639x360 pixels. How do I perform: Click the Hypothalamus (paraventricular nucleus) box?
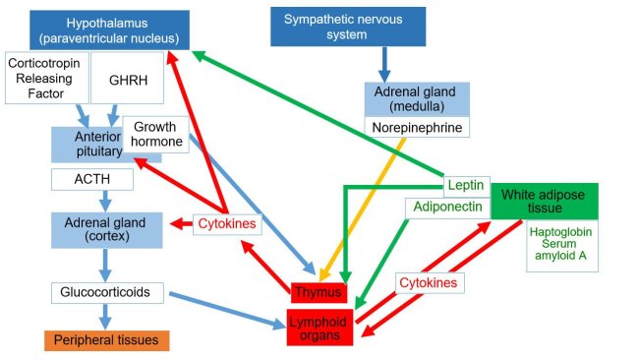pyautogui.click(x=109, y=30)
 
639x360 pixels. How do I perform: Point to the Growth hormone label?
pyautogui.click(x=156, y=135)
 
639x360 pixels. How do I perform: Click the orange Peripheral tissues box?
pyautogui.click(x=106, y=340)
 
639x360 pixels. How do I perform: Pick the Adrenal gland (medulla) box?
pyautogui.click(x=417, y=98)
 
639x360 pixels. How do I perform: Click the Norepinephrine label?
pyautogui.click(x=417, y=127)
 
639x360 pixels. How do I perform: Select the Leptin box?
pyautogui.click(x=462, y=185)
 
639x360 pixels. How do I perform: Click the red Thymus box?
pyautogui.click(x=319, y=292)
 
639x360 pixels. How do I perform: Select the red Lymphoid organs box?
pyautogui.click(x=318, y=326)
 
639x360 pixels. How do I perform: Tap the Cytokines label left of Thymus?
pyautogui.click(x=227, y=224)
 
